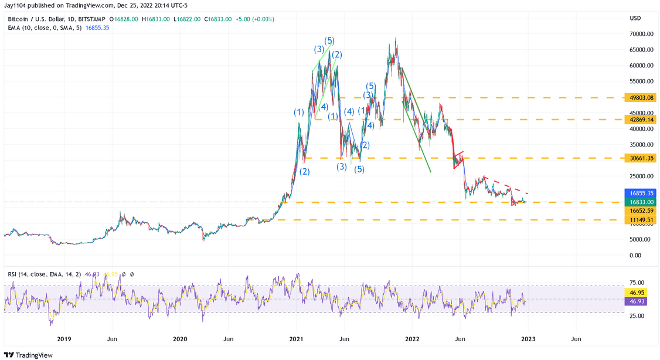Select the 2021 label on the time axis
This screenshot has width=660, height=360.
click(297, 339)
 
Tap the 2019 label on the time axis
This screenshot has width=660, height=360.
click(63, 339)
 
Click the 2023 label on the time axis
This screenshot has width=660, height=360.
click(528, 339)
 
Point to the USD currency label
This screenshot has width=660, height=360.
click(635, 18)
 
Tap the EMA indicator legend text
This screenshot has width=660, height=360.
click(45, 28)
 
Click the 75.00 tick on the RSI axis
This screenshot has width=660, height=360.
click(637, 283)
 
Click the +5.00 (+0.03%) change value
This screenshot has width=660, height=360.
click(255, 19)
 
